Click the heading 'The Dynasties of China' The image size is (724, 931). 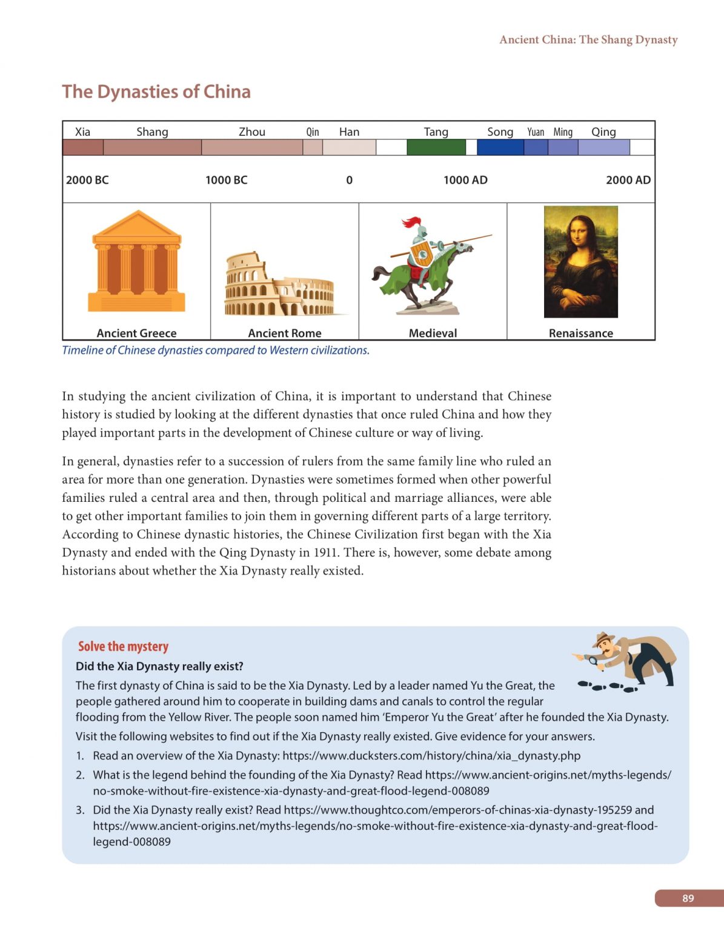click(x=156, y=92)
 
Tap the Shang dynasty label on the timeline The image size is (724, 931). click(x=152, y=132)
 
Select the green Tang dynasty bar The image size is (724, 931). click(x=436, y=147)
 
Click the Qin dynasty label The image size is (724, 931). click(x=312, y=132)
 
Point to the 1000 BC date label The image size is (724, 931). click(x=226, y=180)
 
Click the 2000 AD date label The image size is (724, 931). click(x=628, y=180)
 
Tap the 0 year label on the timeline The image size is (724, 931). click(x=349, y=180)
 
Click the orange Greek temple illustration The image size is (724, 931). click(x=136, y=261)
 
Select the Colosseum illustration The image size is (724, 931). click(x=280, y=285)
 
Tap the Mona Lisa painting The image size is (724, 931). click(x=580, y=261)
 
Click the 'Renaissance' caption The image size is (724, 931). click(x=580, y=333)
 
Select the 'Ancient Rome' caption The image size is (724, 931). click(x=284, y=333)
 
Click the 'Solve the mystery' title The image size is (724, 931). click(x=123, y=646)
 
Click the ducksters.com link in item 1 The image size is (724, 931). click(x=431, y=756)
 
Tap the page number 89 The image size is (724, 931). click(x=688, y=898)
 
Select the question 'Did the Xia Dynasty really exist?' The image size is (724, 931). click(x=159, y=666)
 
